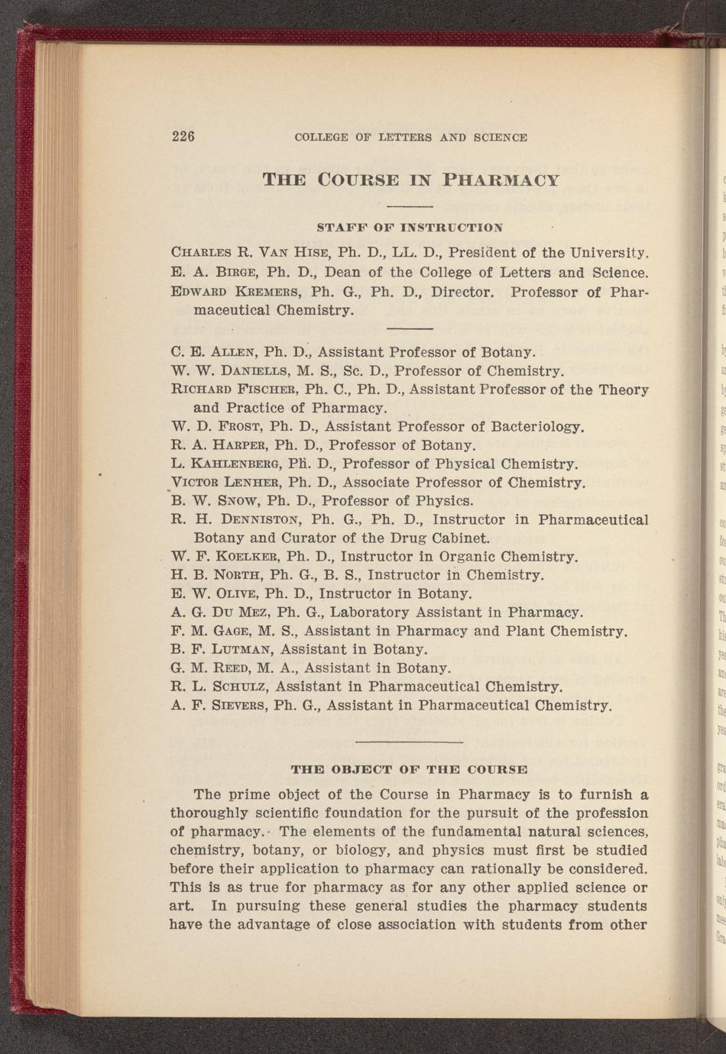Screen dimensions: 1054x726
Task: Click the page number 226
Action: click(x=183, y=137)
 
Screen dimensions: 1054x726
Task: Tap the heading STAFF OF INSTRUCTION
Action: click(x=410, y=228)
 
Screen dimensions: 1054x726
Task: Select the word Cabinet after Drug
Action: click(x=459, y=538)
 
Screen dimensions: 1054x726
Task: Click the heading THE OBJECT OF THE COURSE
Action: click(x=410, y=769)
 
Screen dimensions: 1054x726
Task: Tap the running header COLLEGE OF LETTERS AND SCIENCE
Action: click(x=410, y=138)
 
